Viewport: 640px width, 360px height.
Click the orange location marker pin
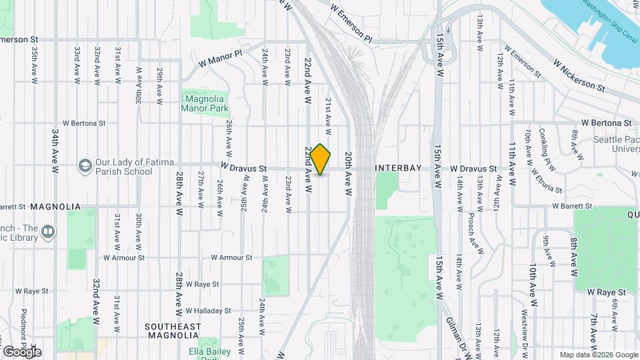click(x=321, y=159)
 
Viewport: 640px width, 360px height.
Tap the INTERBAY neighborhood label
click(x=399, y=168)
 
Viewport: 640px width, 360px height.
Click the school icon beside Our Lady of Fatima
click(x=85, y=165)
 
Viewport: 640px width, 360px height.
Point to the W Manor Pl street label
click(x=221, y=58)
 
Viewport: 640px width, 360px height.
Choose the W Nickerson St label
click(x=578, y=75)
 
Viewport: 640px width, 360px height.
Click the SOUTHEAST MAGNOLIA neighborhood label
click(x=173, y=331)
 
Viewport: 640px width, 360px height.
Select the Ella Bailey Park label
click(x=209, y=351)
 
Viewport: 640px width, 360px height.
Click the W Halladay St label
click(x=208, y=311)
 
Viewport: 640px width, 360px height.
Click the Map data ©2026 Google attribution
click(x=598, y=355)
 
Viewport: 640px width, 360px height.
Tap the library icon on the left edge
click(x=48, y=231)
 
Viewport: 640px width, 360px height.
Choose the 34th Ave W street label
click(x=55, y=149)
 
